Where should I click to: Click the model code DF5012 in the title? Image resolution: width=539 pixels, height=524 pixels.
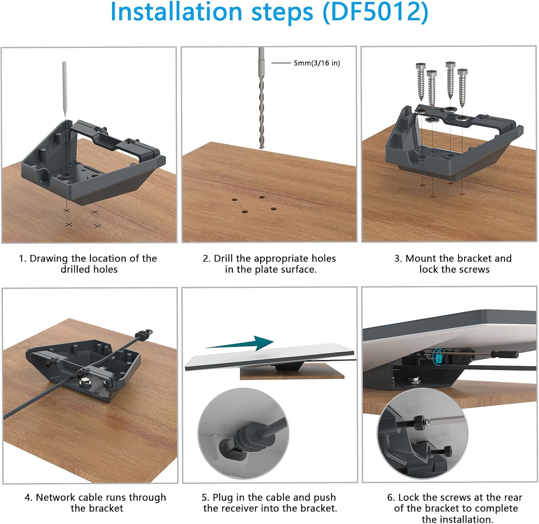[376, 12]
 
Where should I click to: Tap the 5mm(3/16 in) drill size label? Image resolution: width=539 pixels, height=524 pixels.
[317, 63]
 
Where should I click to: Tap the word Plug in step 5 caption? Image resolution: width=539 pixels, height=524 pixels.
[222, 497]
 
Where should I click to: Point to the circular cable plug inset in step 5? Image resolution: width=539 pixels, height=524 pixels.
[243, 433]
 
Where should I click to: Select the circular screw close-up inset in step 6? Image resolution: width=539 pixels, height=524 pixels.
[423, 434]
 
